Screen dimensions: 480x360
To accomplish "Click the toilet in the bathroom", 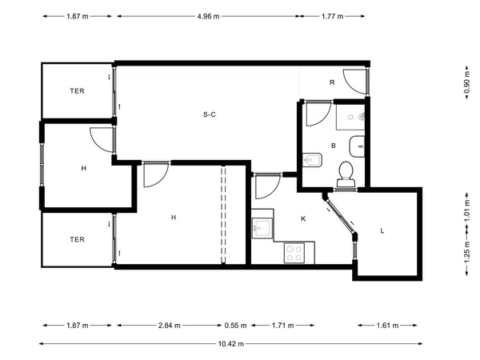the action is pos(346,174).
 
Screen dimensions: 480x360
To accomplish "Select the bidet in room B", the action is pos(312,160).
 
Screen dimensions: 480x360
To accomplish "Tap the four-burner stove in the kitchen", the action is pos(294,253).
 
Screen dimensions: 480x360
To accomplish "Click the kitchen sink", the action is pos(262,228).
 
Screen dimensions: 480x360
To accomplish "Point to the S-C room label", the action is pos(210,114).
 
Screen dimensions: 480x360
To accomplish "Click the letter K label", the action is pos(303,219).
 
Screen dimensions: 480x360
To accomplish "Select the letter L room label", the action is pos(382,231).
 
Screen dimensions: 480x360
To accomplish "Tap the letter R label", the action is pos(332,82).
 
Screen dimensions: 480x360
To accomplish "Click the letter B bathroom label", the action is pos(334,146).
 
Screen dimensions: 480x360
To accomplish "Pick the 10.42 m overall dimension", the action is pos(231,344).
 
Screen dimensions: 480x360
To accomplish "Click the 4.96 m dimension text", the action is pos(208,16).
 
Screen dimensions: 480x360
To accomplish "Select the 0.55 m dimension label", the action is pos(235,326).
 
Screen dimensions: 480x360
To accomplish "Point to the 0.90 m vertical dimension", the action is pos(466,82).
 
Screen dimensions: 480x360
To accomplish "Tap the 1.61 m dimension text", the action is pos(387,326).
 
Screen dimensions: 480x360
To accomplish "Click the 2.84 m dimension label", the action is pos(170,326).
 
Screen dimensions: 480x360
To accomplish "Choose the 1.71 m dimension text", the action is pos(282,326).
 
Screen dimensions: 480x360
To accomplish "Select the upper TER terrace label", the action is pos(77,91).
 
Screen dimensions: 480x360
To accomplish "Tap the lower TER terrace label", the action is pos(77,239).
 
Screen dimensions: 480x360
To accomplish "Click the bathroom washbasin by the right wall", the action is pos(358,146).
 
